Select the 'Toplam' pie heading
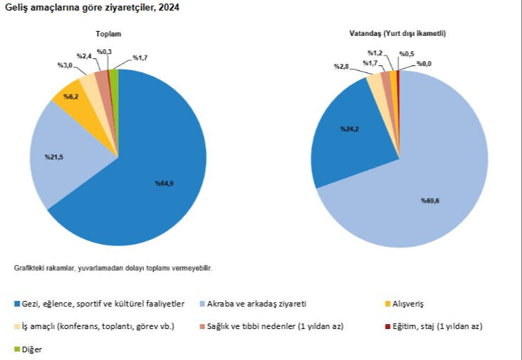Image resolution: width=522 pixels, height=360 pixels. pos(109,34)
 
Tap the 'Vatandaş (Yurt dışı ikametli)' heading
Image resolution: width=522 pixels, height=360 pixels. pos(398,34)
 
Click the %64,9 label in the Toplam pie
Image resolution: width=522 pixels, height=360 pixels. pos(164,184)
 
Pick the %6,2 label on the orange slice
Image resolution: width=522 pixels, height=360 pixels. pos(70,96)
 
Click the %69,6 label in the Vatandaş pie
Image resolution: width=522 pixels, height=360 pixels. pos(430,201)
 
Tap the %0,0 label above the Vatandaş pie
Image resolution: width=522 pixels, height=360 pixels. pos(424,64)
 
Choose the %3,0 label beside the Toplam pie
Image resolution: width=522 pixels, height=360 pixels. pos(65,65)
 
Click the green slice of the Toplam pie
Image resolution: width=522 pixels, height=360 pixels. pos(114,76)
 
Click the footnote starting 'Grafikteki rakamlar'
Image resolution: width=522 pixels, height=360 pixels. pos(112,268)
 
